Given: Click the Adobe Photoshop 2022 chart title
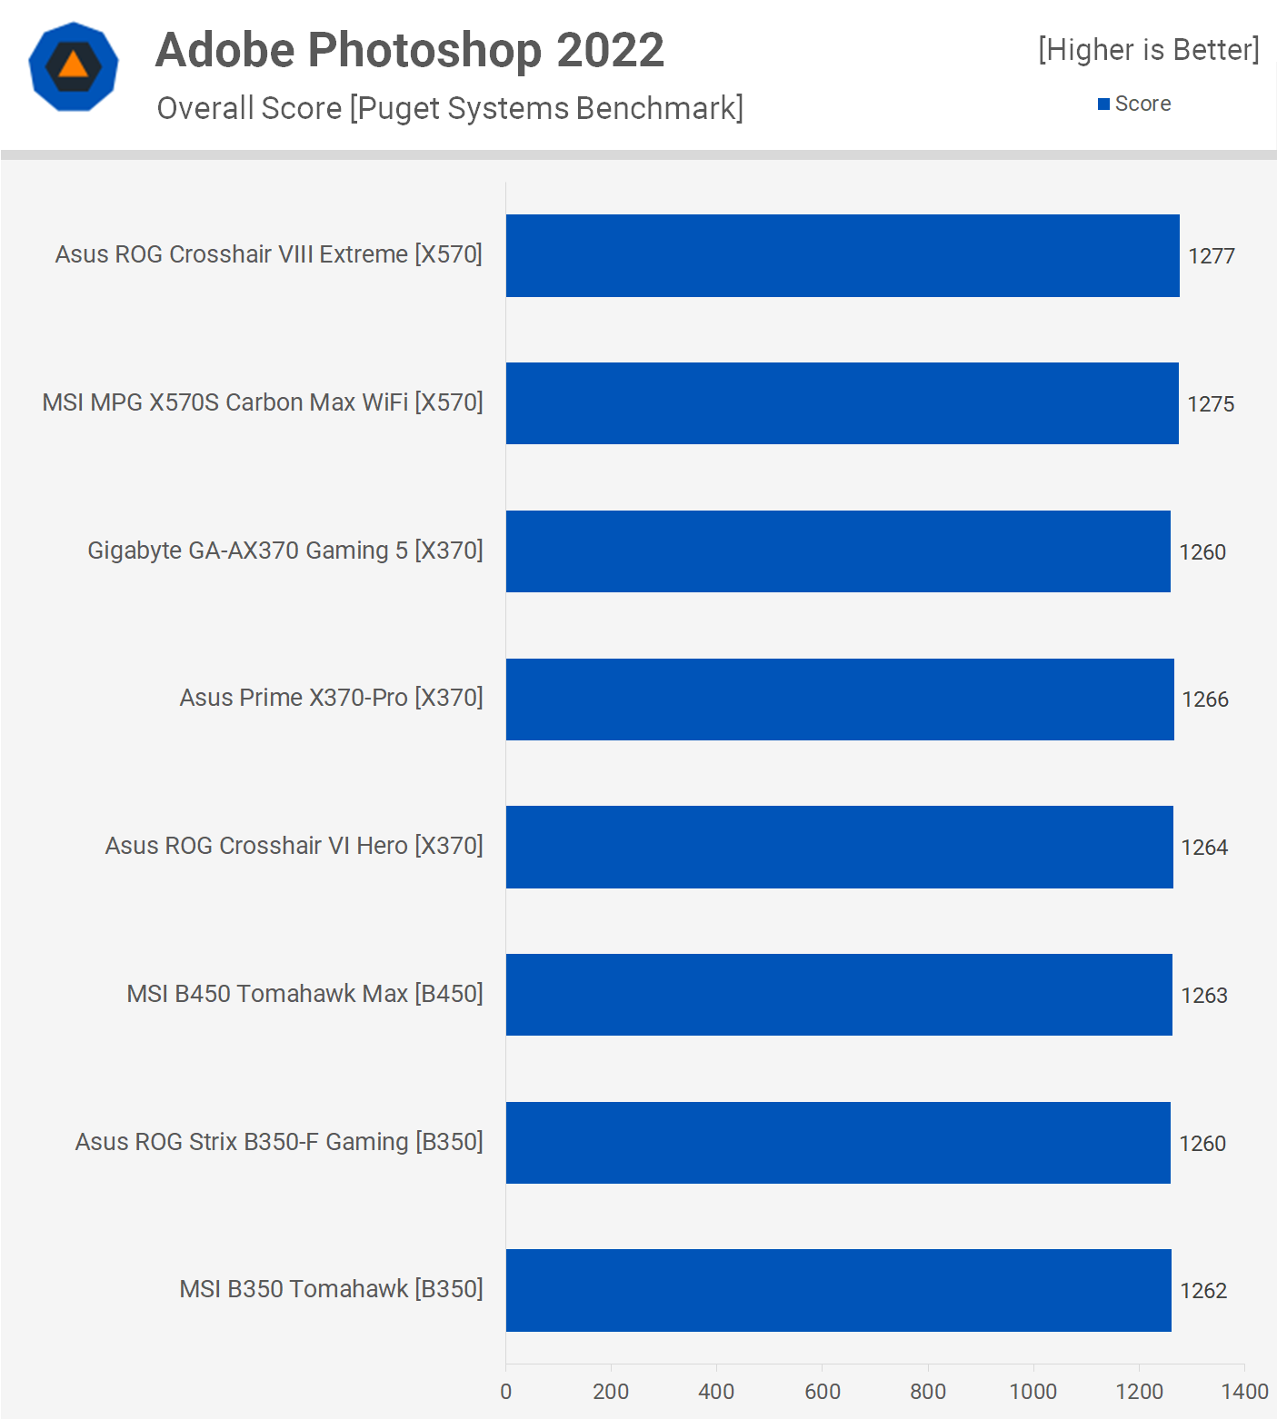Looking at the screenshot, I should coord(410,50).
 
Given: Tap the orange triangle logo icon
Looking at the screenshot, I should coord(74,66).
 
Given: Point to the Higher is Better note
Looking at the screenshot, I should coord(1149,50).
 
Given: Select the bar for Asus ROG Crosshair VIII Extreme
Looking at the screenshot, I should coord(843,255).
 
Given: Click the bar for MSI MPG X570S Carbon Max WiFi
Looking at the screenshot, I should coord(842,403).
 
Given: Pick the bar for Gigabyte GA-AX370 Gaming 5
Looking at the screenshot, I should coord(838,551).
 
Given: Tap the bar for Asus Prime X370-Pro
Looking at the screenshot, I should coord(840,700).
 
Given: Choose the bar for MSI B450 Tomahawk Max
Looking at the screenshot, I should coord(839,995).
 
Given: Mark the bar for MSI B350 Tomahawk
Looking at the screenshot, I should coord(838,1290).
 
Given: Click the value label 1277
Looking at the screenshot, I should coord(1212,256).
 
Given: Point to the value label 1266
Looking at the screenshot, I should coord(1205,700).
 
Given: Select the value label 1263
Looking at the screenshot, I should coord(1204,996).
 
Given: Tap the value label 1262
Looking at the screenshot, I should coord(1203,1291).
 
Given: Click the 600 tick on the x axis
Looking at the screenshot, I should coord(823,1392).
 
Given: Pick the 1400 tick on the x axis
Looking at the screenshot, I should coord(1244,1392).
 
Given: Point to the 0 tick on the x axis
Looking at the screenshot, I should coord(506,1392).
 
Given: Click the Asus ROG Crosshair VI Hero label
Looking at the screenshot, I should coord(294,846).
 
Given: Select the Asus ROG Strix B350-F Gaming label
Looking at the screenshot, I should coord(279,1142).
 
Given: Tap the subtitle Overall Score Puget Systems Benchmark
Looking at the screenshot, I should coord(450,108).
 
